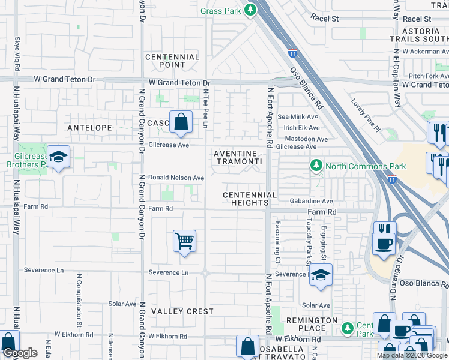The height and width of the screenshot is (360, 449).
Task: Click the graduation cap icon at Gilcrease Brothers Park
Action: coord(58,157)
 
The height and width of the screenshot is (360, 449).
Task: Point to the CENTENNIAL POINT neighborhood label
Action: coord(172,61)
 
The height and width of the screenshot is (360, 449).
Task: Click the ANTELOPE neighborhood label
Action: coord(89,128)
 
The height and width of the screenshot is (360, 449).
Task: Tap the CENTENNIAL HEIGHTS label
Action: coord(250,199)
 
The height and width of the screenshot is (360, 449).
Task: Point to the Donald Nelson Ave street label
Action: coord(176,178)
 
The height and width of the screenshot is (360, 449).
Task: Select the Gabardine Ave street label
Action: coord(310,202)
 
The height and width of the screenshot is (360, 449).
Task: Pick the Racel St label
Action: coord(324,19)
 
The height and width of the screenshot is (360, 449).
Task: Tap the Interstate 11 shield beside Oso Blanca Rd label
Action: coord(292,53)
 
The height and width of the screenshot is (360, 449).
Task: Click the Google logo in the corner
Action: coord(20,353)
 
